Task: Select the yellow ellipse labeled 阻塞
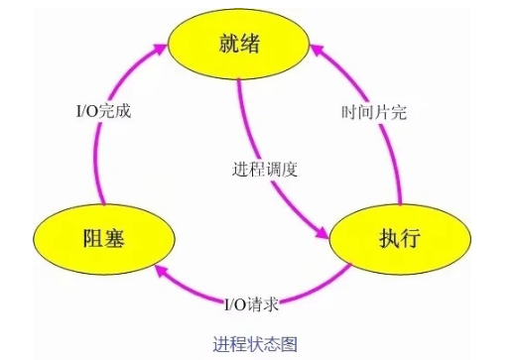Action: [x=104, y=238]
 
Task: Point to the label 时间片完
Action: [x=372, y=112]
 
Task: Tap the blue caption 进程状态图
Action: [x=255, y=343]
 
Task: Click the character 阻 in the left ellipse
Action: [x=90, y=238]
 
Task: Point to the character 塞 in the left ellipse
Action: [x=119, y=238]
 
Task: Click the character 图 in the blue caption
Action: [x=291, y=343]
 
